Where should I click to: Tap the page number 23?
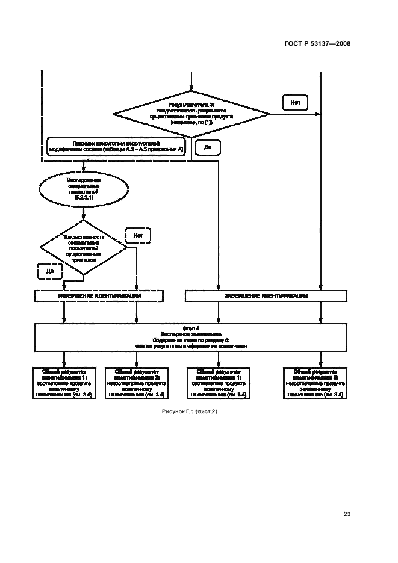(x=347, y=514)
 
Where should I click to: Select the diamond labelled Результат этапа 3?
(x=191, y=113)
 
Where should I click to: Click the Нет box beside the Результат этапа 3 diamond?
(x=295, y=103)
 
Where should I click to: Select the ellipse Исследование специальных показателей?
(x=84, y=188)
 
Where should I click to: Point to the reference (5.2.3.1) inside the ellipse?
(x=84, y=197)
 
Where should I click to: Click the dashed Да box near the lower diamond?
(x=50, y=272)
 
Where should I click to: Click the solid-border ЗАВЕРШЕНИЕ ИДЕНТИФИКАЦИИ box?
(x=266, y=296)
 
